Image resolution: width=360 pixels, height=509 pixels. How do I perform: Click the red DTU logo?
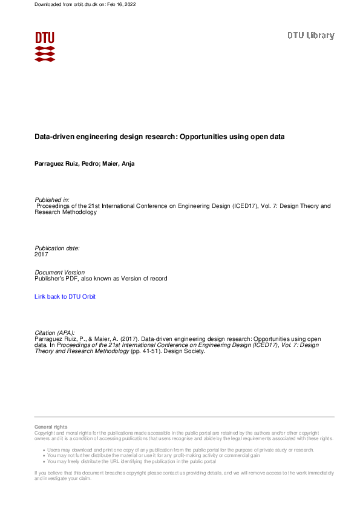pyautogui.click(x=45, y=46)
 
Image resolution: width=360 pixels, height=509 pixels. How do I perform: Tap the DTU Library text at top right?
pyautogui.click(x=310, y=36)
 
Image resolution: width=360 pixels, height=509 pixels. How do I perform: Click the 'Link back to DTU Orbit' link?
pyautogui.click(x=65, y=297)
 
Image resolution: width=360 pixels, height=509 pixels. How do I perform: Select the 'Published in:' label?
pyautogui.click(x=52, y=199)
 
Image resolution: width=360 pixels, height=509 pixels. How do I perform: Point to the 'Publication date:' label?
pyautogui.click(x=57, y=248)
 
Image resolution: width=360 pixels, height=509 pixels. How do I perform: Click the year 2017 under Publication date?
pyautogui.click(x=41, y=254)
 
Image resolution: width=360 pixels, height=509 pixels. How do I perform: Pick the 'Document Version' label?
pyautogui.click(x=60, y=273)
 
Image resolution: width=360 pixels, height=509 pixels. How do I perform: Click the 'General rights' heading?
pyautogui.click(x=51, y=427)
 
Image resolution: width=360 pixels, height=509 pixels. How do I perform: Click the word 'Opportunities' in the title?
pyautogui.click(x=203, y=137)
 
